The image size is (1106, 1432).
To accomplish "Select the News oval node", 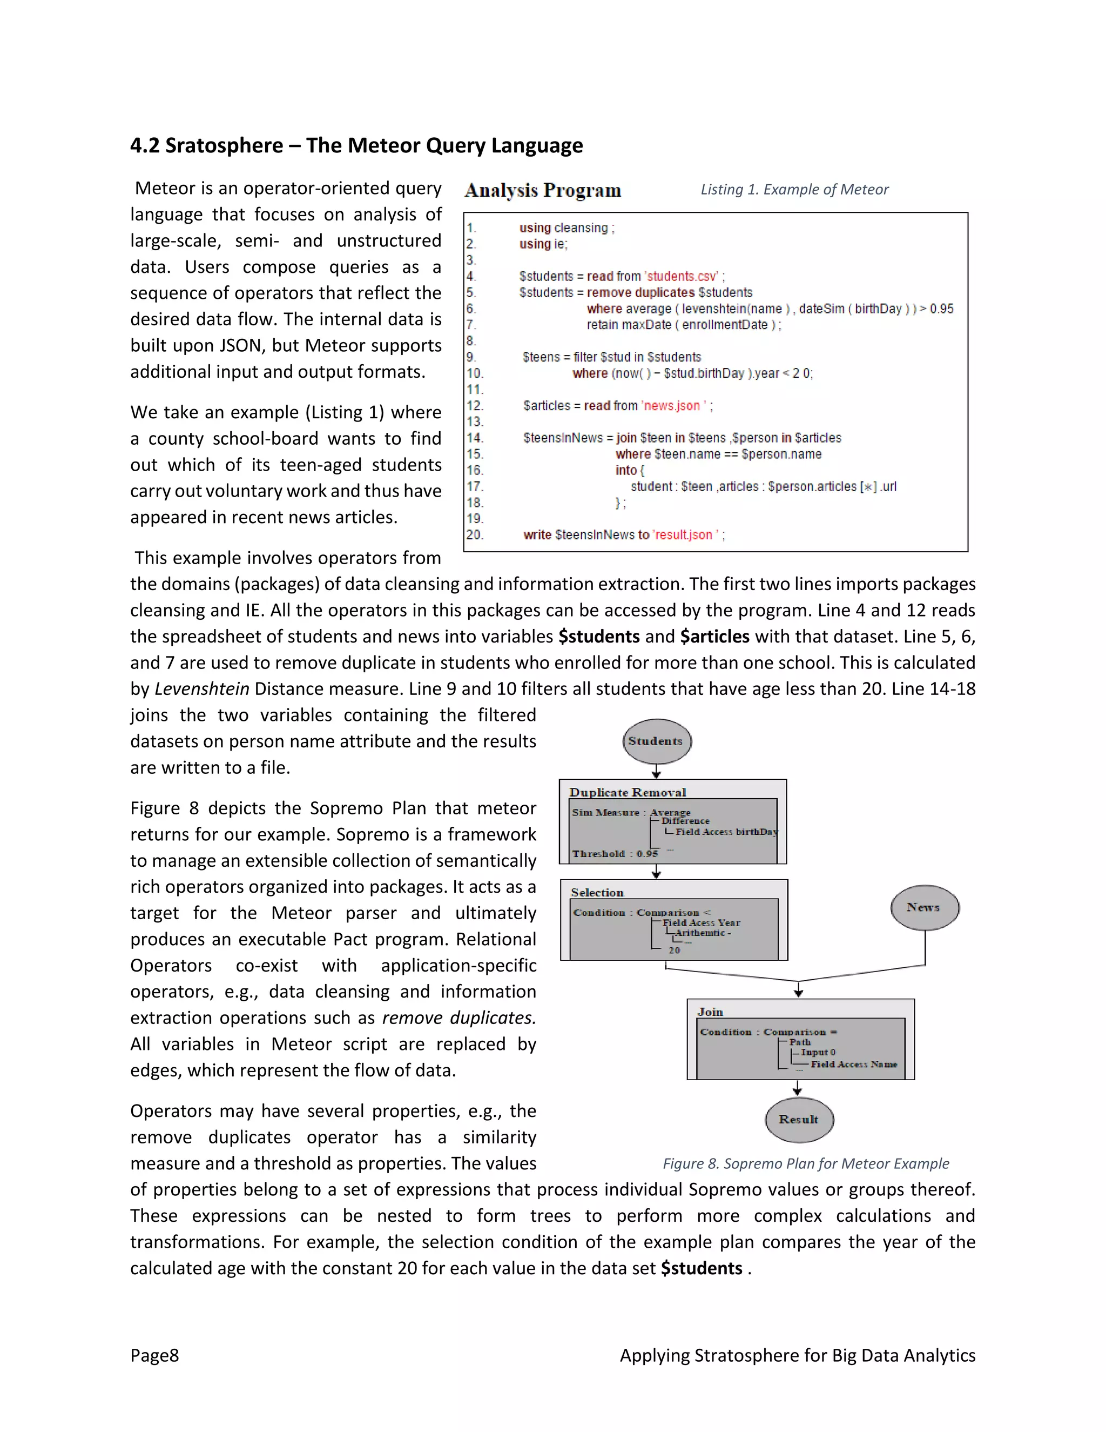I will click(925, 907).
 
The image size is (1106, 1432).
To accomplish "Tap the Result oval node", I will click(799, 1120).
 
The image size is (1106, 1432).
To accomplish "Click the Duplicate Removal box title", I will click(627, 792).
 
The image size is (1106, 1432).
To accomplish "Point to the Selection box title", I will click(597, 892).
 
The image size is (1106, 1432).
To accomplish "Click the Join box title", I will click(710, 1012).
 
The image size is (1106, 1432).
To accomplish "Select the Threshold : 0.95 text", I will click(615, 854).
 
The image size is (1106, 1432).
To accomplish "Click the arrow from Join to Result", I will click(798, 1088).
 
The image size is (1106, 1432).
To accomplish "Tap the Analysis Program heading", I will click(543, 190).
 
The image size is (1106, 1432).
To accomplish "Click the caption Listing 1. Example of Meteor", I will click(794, 190).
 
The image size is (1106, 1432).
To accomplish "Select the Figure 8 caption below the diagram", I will click(805, 1163).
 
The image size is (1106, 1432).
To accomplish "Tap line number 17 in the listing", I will click(475, 486).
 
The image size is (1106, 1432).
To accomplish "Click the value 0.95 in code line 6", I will click(941, 309).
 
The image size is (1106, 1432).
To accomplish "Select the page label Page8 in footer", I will click(154, 1355).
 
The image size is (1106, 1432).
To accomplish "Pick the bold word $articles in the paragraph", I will click(714, 637).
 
